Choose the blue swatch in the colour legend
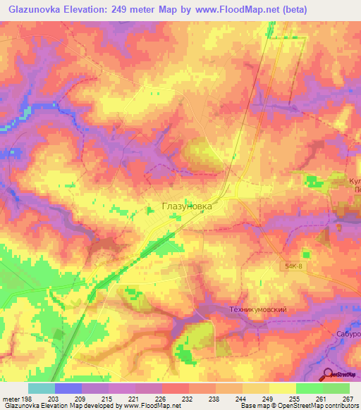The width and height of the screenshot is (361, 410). (68, 388)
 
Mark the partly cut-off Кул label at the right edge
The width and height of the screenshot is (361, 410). (354, 181)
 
